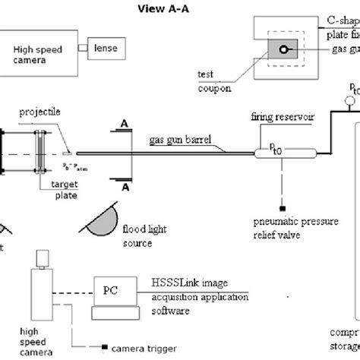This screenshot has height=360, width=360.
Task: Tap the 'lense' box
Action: pos(106,47)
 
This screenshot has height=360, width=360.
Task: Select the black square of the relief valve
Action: pos(261,207)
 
